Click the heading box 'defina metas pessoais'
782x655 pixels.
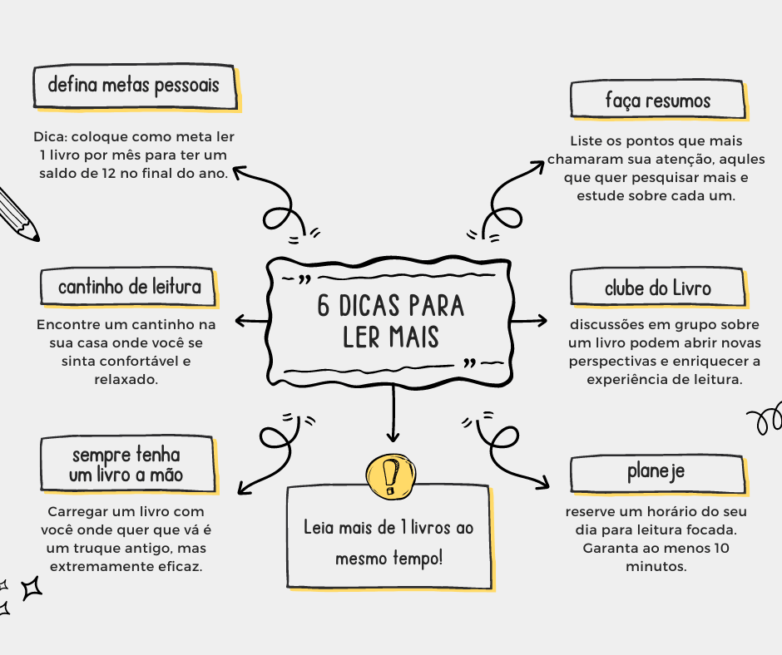click(x=134, y=85)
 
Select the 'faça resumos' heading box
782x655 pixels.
click(x=656, y=101)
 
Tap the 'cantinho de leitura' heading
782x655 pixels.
click(x=129, y=288)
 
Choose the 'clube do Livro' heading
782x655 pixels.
click(x=656, y=288)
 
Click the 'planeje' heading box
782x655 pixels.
click(x=656, y=473)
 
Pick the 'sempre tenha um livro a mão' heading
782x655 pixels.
click(x=126, y=465)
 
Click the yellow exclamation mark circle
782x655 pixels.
click(x=389, y=475)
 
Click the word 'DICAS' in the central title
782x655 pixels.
click(x=375, y=306)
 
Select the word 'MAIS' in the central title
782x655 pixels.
click(x=411, y=338)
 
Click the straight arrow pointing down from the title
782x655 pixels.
click(x=393, y=416)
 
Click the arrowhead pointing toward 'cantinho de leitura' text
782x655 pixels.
click(x=240, y=321)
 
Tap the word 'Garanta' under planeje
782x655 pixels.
click(x=610, y=549)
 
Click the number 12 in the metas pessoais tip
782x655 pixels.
click(x=135, y=174)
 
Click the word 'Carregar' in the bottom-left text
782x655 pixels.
click(x=76, y=512)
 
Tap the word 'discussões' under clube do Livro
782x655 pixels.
click(x=605, y=325)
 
